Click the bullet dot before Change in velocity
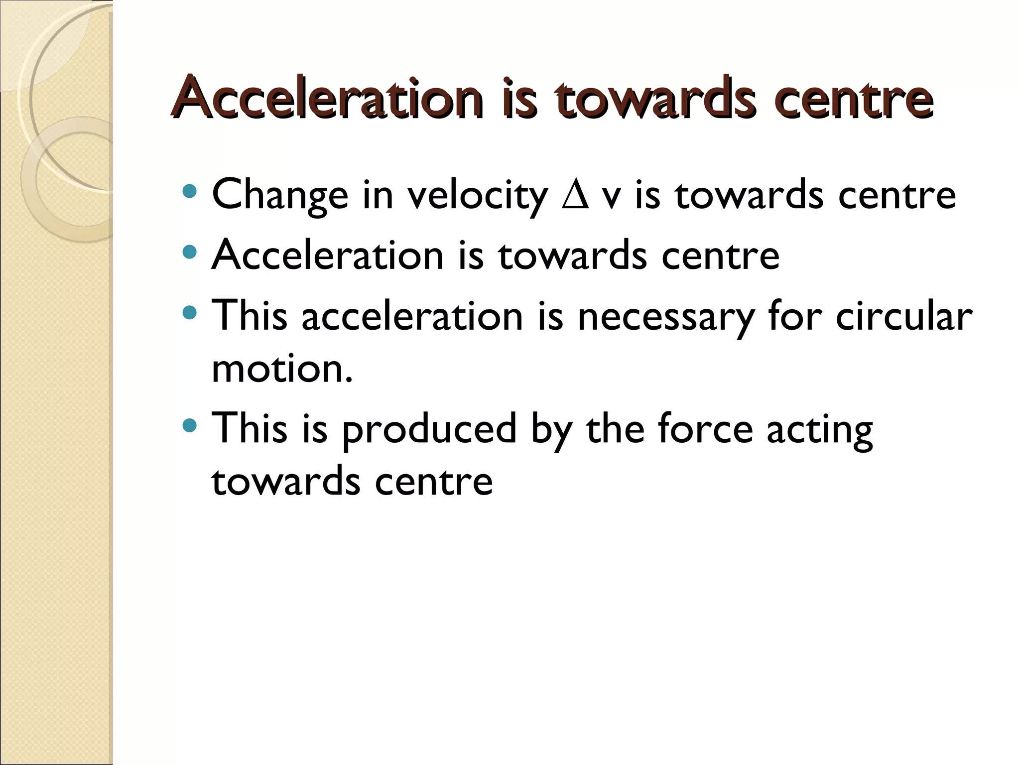190,191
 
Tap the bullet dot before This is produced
190,425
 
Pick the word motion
281,369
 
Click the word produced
429,429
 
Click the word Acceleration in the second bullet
327,255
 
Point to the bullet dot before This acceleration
190,313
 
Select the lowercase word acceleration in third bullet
412,317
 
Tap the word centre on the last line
433,482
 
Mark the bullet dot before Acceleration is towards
190,252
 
